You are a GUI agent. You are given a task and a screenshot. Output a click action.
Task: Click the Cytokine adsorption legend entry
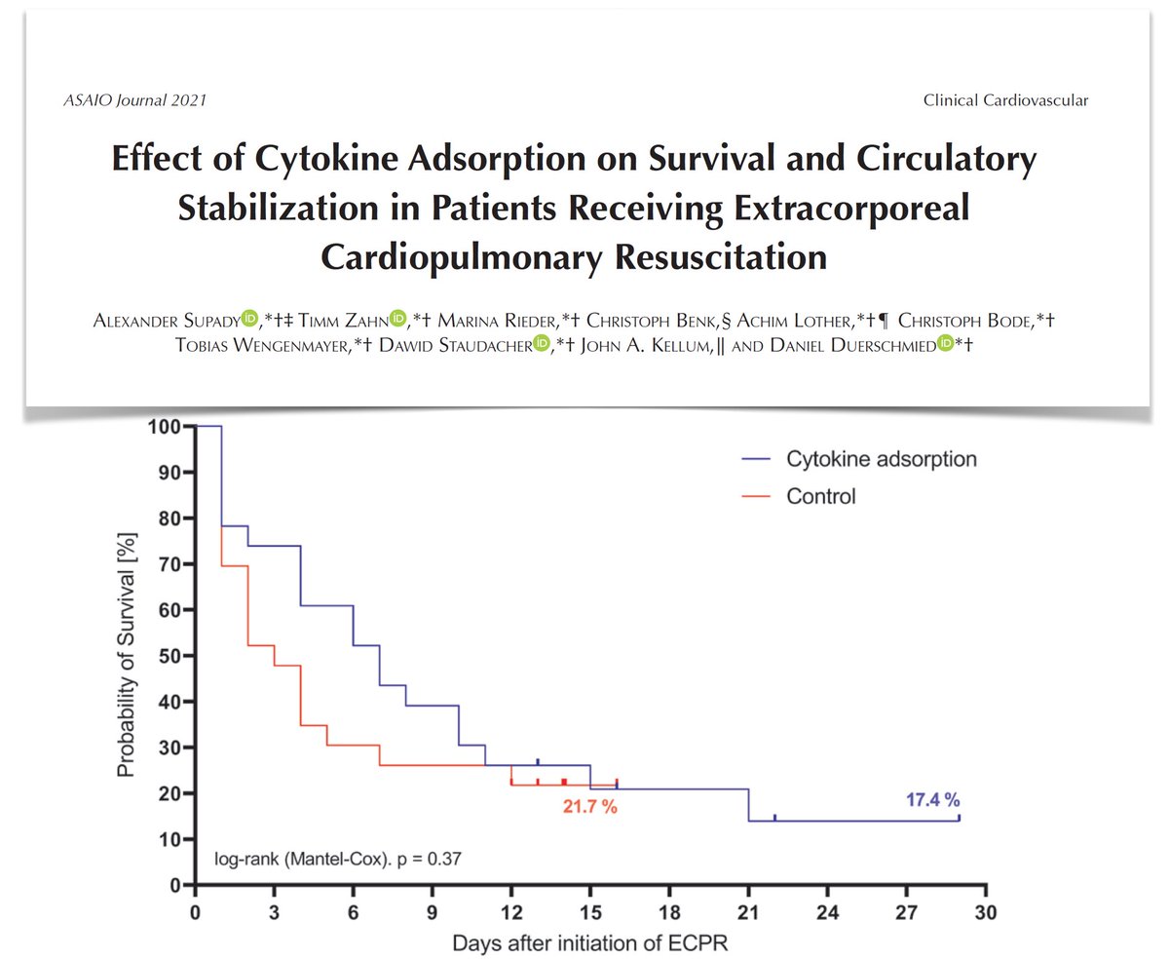point(866,459)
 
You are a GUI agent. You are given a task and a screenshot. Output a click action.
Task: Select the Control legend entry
point(820,497)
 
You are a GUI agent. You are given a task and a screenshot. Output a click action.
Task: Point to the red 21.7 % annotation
point(589,808)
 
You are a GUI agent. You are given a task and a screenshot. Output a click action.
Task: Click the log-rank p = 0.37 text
point(337,860)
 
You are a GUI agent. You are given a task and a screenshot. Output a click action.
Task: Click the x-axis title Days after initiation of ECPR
point(590,942)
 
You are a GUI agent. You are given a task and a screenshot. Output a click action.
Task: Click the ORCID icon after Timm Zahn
point(396,318)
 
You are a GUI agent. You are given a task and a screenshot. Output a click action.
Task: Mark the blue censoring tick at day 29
point(959,818)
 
